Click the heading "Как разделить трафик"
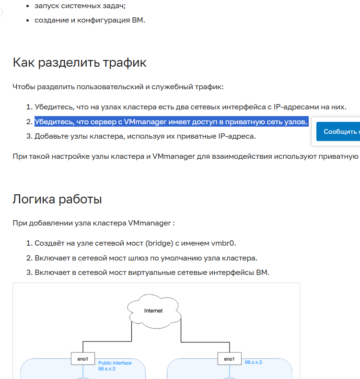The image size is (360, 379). [79, 63]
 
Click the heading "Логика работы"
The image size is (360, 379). [57, 199]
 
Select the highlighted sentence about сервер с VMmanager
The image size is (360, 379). [171, 122]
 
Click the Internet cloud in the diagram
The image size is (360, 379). [153, 311]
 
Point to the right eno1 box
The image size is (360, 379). [230, 359]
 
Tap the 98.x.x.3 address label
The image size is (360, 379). [253, 362]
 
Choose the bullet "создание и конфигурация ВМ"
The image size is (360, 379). [89, 20]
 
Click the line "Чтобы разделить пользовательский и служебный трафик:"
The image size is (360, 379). [118, 87]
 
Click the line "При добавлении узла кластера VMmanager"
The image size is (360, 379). [93, 223]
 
